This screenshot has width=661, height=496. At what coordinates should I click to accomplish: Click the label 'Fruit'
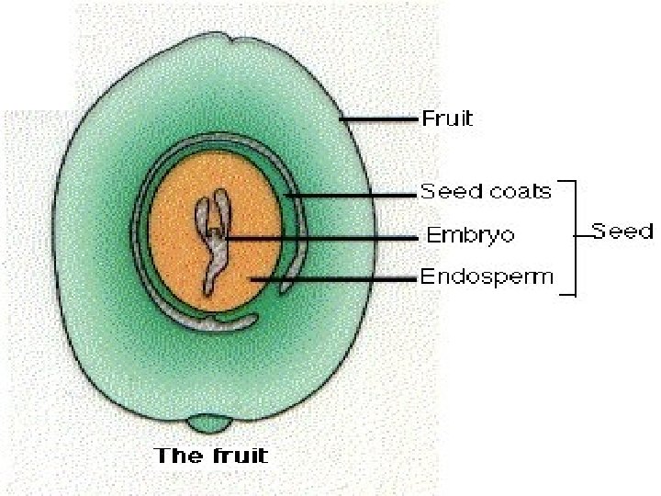(x=447, y=118)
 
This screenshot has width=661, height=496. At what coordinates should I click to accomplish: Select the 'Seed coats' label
(x=486, y=192)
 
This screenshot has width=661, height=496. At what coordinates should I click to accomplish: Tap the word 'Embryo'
(x=470, y=235)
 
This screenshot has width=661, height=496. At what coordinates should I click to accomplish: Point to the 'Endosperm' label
(x=487, y=276)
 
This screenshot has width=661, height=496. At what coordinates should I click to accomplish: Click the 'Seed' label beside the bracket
(x=622, y=231)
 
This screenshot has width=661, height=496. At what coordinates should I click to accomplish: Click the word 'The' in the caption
(x=176, y=455)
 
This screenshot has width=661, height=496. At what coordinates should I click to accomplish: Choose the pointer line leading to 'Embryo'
(x=321, y=237)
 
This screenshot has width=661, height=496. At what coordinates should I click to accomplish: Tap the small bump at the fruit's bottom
(x=210, y=423)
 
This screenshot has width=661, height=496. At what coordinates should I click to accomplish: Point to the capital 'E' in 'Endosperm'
(x=427, y=276)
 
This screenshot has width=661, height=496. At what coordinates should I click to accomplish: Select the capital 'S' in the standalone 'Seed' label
(x=598, y=231)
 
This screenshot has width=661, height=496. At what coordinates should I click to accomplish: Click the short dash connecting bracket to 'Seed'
(x=583, y=236)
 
